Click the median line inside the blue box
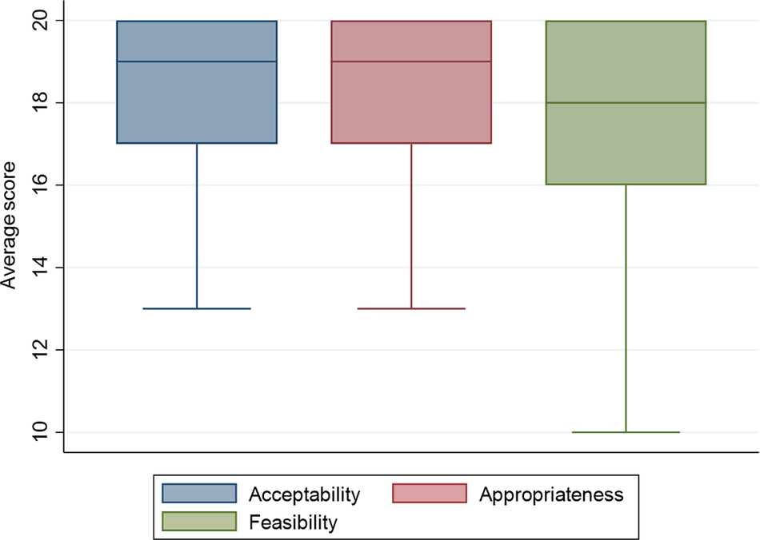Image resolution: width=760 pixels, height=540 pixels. coord(197,62)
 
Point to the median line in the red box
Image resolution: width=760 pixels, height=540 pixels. coord(411,62)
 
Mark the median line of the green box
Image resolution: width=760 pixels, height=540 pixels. coord(625,102)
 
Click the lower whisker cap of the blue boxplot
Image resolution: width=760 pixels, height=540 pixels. coord(197,308)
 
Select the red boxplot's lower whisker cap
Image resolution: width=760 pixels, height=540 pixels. coord(411,308)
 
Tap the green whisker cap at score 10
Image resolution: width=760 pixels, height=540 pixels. coord(625,432)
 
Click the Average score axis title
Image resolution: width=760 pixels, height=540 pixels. coord(10,227)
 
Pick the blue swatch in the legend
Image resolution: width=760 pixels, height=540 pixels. coord(199,494)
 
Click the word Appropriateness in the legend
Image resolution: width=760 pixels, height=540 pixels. coord(551,494)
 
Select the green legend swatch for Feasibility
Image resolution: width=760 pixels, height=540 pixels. coord(199,522)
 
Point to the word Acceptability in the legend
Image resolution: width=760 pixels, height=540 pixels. coord(305,494)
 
